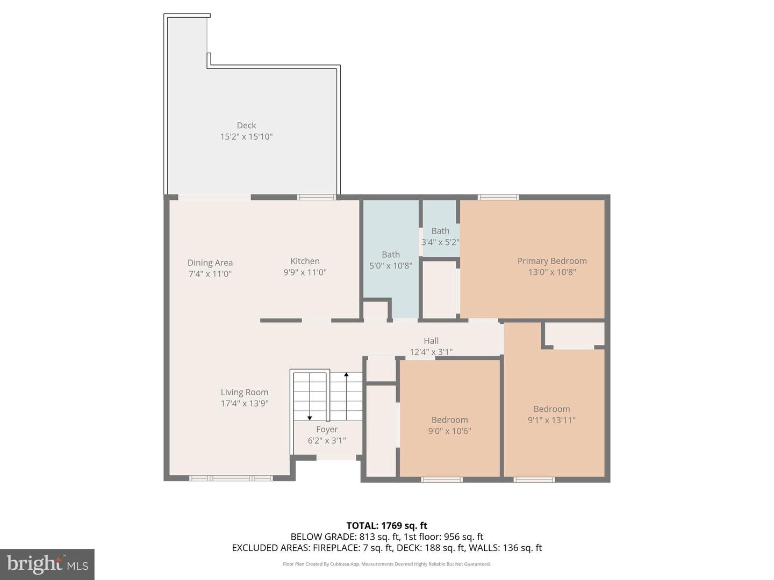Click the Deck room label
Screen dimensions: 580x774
(x=246, y=126)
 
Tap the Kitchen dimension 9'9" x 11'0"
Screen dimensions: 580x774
(x=305, y=272)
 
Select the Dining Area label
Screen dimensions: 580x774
(x=210, y=263)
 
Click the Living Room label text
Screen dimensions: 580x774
(x=244, y=393)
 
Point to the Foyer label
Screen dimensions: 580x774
(x=327, y=430)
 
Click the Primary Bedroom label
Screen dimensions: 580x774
(x=552, y=261)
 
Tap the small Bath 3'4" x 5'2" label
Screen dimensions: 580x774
(x=440, y=236)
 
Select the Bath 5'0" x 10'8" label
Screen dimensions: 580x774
(x=391, y=260)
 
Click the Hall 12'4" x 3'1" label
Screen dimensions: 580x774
(x=431, y=346)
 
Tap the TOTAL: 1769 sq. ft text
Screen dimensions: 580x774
(x=386, y=526)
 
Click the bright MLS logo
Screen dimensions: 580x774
(x=47, y=564)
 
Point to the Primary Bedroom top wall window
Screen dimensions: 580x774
(x=498, y=197)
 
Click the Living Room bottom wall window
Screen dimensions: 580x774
(x=231, y=478)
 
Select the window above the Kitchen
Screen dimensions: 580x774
(x=317, y=197)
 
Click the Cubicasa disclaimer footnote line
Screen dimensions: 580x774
(x=386, y=564)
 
